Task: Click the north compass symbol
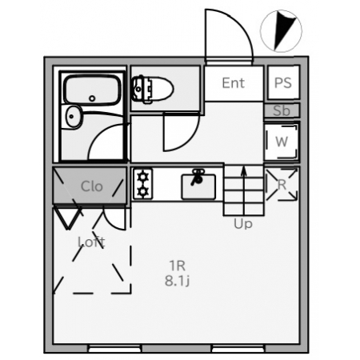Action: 281,31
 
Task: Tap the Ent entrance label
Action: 233,83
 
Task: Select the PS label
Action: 283,82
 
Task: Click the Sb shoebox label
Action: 282,110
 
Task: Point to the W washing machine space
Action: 282,142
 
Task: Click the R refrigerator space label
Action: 282,184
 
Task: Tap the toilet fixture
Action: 153,90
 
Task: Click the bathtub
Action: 92,90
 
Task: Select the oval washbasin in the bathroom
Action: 74,117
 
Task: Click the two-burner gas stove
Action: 143,184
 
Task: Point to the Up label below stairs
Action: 243,224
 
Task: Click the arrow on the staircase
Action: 244,190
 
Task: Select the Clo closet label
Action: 92,186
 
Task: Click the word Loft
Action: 91,242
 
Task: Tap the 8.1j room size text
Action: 178,281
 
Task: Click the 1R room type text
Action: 178,266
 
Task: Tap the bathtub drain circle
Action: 92,98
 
